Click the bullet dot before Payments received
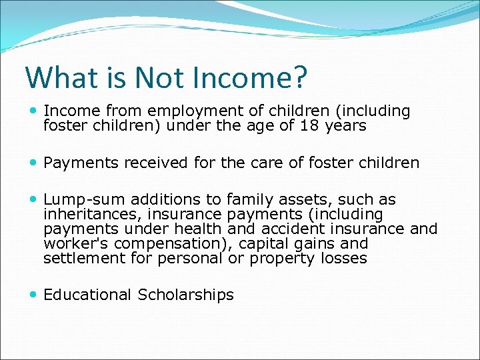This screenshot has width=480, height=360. click(34, 163)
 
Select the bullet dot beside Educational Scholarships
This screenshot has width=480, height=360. click(34, 295)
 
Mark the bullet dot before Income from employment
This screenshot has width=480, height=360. click(34, 111)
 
